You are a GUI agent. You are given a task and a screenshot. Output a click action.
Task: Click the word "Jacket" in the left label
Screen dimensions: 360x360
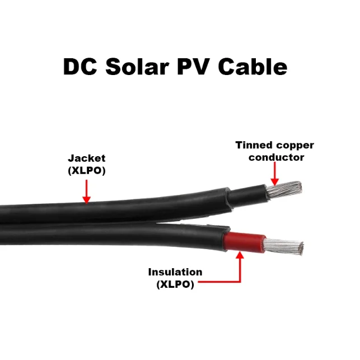point(86,158)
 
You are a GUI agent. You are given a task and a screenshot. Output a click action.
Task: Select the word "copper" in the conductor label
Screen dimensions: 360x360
point(296,146)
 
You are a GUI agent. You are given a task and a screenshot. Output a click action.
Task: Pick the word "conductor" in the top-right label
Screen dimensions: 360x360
point(276,157)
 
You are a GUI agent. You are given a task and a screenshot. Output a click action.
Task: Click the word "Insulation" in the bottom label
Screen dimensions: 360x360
point(175,273)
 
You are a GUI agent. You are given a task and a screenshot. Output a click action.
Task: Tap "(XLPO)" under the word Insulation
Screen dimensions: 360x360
point(175,284)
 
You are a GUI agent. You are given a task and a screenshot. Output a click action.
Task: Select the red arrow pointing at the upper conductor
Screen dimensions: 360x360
point(274,176)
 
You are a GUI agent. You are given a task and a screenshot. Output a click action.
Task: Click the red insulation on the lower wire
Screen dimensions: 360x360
point(243,241)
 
